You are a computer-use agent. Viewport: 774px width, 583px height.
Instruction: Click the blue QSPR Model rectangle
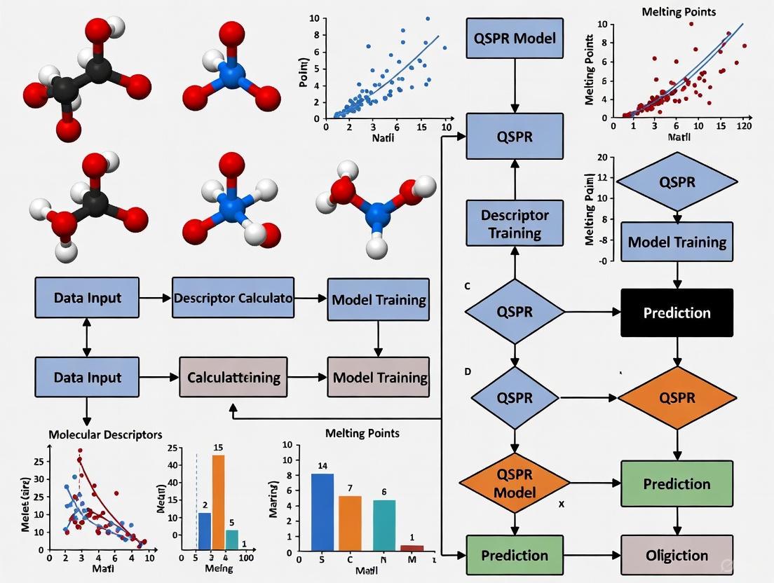pyautogui.click(x=515, y=38)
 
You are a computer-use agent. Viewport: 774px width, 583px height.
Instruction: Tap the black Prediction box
pyautogui.click(x=677, y=313)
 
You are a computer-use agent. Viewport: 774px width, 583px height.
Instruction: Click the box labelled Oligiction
pyautogui.click(x=677, y=555)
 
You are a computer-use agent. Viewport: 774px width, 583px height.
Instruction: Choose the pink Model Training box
pyautogui.click(x=379, y=378)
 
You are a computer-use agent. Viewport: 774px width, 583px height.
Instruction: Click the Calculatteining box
pyautogui.click(x=233, y=378)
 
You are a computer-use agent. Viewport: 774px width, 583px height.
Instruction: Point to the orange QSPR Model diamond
pyautogui.click(x=515, y=483)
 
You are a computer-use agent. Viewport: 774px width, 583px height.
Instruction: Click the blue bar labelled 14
pyautogui.click(x=322, y=514)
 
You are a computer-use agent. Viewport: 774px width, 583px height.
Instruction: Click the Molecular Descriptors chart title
pyautogui.click(x=105, y=434)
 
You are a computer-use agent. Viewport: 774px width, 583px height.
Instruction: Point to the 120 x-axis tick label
pyautogui.click(x=744, y=126)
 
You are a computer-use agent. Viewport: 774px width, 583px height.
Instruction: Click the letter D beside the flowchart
pyautogui.click(x=468, y=371)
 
